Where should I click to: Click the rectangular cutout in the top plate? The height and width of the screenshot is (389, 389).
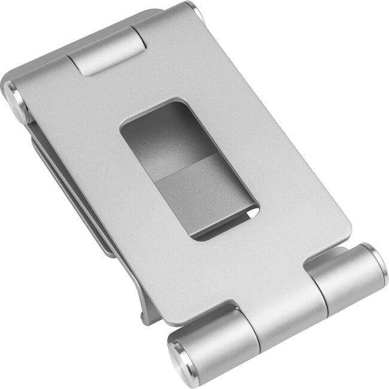188,170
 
